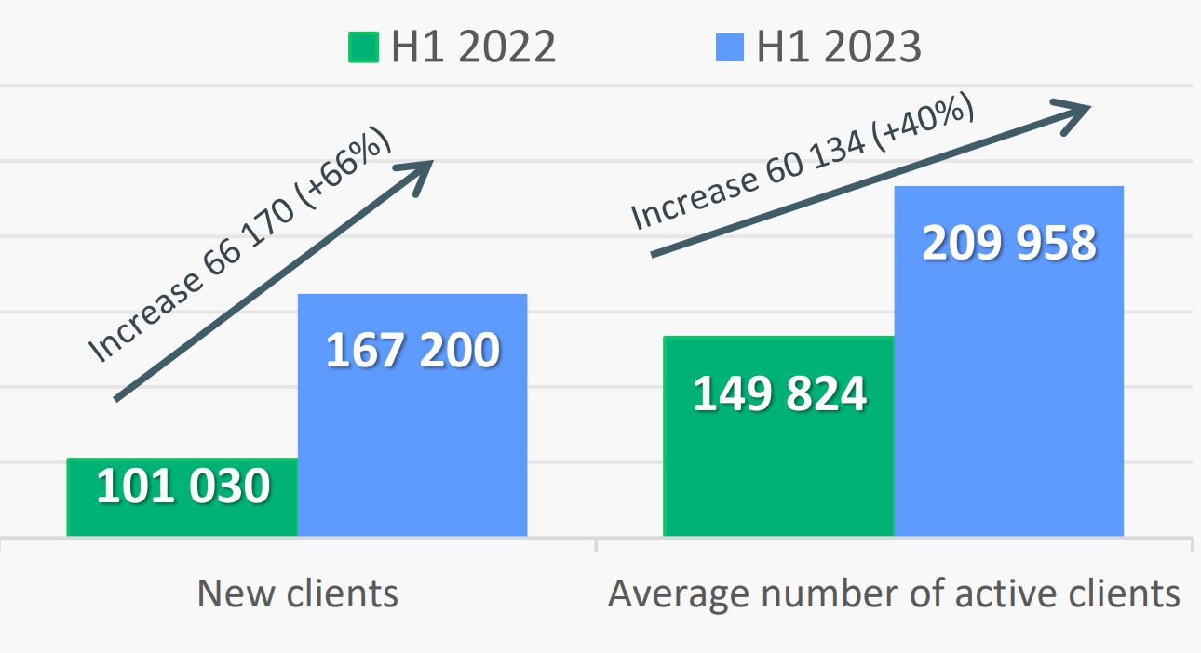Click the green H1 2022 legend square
364,47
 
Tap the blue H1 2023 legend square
730,47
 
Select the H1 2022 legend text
473,47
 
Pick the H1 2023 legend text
839,47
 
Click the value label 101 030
183,486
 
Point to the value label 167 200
412,351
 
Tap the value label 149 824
780,393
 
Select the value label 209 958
1009,243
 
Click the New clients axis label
297,593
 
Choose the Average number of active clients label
894,593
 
